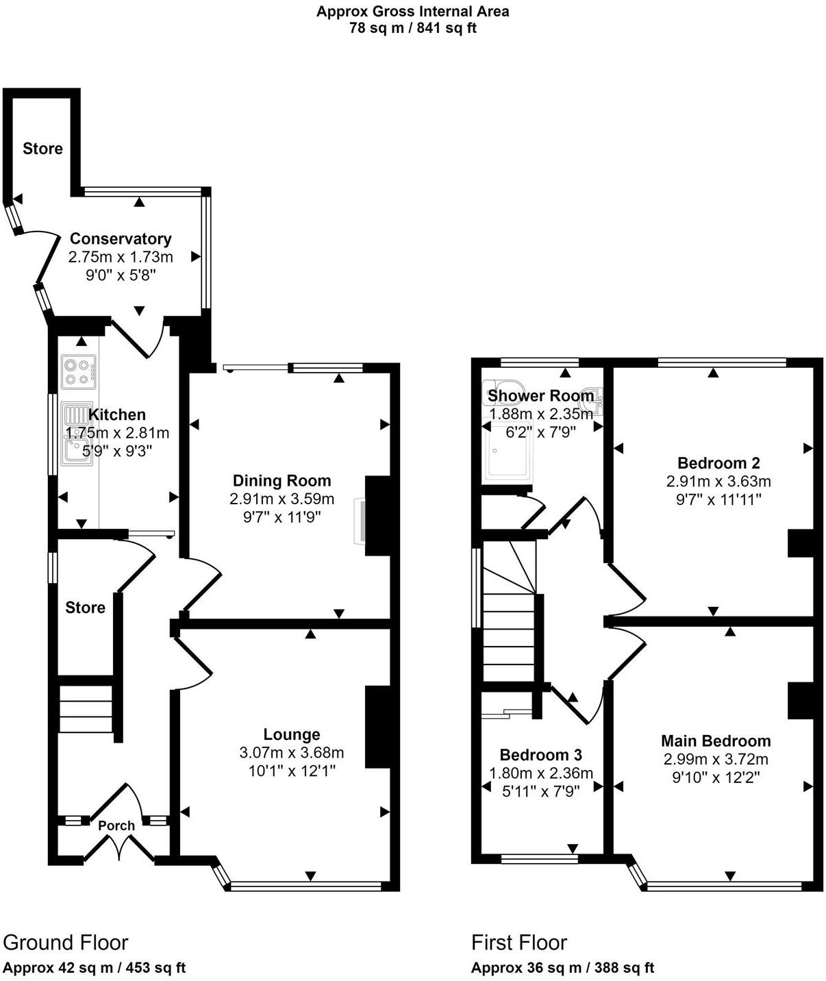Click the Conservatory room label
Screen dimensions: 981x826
click(x=121, y=239)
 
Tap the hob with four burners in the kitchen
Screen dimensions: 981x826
click(x=77, y=371)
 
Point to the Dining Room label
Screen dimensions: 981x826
click(x=281, y=481)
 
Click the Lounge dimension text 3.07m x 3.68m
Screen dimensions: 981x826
click(x=292, y=753)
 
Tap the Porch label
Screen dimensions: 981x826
click(x=116, y=825)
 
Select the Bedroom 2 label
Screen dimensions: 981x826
click(x=718, y=463)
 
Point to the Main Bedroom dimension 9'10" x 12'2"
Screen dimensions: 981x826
click(x=716, y=778)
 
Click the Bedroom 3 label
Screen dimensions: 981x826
click(x=540, y=755)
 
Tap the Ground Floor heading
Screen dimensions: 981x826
click(x=66, y=943)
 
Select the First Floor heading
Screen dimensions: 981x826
click(x=519, y=943)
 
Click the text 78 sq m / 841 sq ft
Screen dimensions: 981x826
click(x=412, y=28)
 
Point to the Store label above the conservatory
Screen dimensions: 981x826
click(x=42, y=149)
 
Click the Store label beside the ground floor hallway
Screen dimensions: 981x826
click(x=86, y=608)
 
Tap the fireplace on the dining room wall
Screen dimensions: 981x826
click(x=360, y=522)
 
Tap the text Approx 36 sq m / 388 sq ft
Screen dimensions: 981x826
click(x=562, y=968)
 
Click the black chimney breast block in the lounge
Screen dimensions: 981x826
click(x=377, y=726)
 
